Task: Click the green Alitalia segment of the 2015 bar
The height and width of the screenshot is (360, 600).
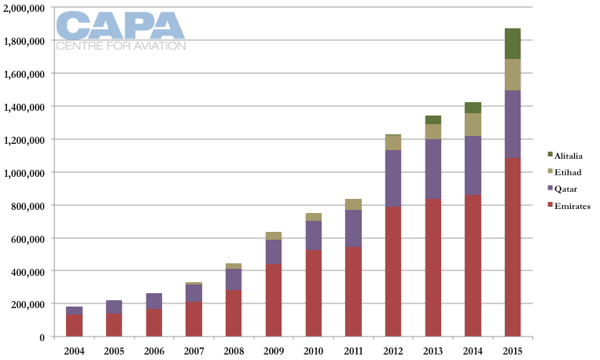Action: [512, 43]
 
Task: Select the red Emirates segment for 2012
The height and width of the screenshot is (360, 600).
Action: [392, 271]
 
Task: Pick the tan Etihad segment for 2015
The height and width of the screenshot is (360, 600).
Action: [512, 75]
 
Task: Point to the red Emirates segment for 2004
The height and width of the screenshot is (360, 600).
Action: [74, 325]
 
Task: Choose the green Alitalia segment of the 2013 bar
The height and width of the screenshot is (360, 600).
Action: [433, 119]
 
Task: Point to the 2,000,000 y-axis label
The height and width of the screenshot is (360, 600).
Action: [27, 7]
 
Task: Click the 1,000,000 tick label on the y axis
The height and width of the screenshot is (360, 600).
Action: [27, 172]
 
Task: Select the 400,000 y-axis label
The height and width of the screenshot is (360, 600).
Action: [30, 271]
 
